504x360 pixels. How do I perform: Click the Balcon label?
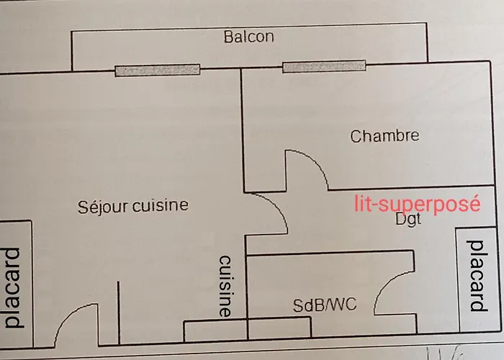click(248, 37)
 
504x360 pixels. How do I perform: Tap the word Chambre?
click(384, 135)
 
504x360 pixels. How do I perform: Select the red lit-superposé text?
click(418, 204)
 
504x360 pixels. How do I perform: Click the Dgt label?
click(408, 220)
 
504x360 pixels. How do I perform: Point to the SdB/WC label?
click(324, 305)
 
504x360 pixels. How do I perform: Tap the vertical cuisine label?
click(225, 286)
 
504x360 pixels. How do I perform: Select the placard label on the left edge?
click(12, 287)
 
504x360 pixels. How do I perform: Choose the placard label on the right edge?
click(476, 276)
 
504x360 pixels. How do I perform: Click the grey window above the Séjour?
click(157, 70)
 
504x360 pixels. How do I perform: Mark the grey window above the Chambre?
click(324, 68)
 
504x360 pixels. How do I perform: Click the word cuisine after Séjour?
click(160, 206)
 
